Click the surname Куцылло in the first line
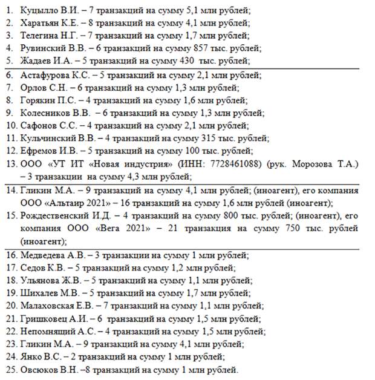pos(39,11)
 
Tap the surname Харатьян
pos(40,23)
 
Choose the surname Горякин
pos(37,100)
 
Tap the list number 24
pos(10,356)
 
